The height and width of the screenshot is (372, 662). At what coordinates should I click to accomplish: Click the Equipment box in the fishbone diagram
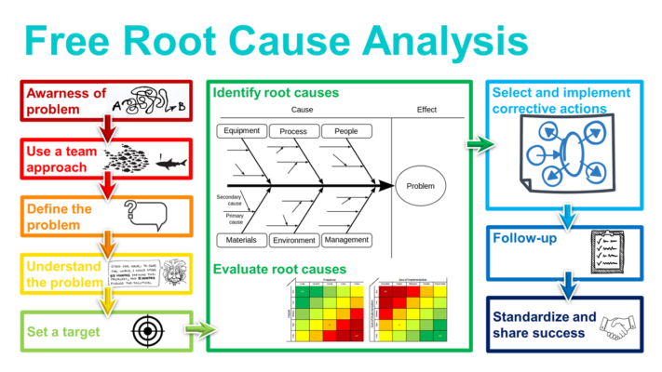[242, 131]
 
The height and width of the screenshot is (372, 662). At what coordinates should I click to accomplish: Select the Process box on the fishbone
[293, 132]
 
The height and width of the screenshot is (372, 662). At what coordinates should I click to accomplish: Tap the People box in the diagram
[345, 131]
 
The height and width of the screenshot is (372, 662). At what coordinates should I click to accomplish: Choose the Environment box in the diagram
[293, 241]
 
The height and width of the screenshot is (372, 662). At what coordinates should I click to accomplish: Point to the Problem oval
[422, 186]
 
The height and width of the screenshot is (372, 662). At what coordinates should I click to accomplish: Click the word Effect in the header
[426, 110]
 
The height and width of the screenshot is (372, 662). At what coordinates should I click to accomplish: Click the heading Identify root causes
[276, 93]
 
